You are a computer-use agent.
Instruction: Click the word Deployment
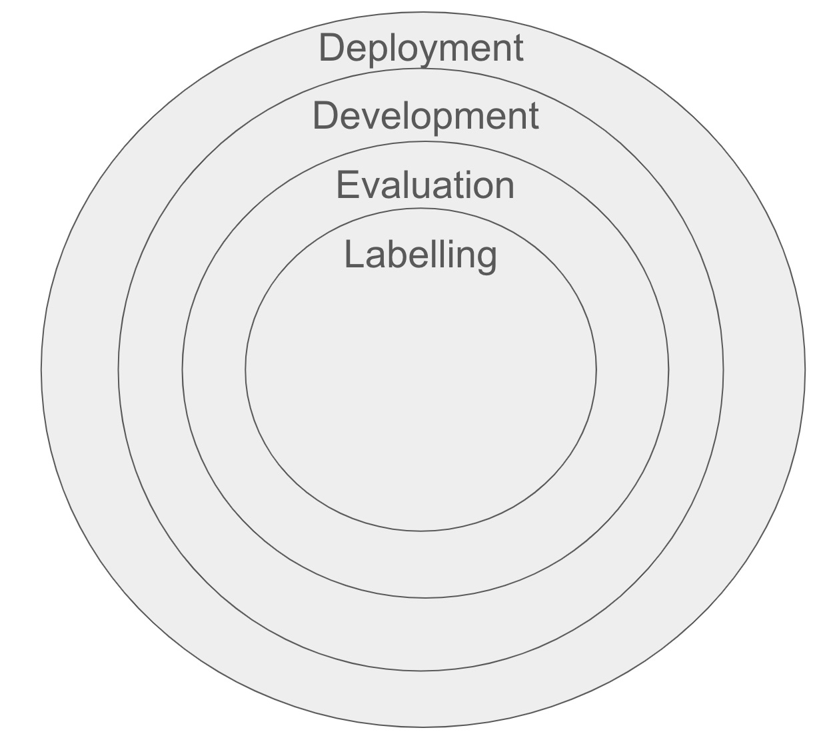click(x=421, y=48)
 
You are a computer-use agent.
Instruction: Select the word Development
click(x=425, y=116)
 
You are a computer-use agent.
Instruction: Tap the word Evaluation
click(x=425, y=185)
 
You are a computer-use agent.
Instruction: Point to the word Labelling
click(x=420, y=255)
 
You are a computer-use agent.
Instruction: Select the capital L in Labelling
click(x=352, y=254)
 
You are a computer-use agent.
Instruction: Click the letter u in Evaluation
click(x=430, y=187)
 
